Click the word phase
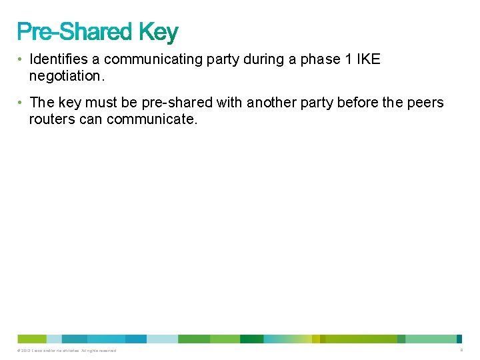coord(319,59)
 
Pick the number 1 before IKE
coord(347,59)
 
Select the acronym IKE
coord(369,59)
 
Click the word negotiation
coord(65,76)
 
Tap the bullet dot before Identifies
coord(21,59)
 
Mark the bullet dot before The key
coord(21,103)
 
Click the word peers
coord(425,103)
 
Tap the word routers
coord(51,119)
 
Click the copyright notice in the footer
coord(67,351)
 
